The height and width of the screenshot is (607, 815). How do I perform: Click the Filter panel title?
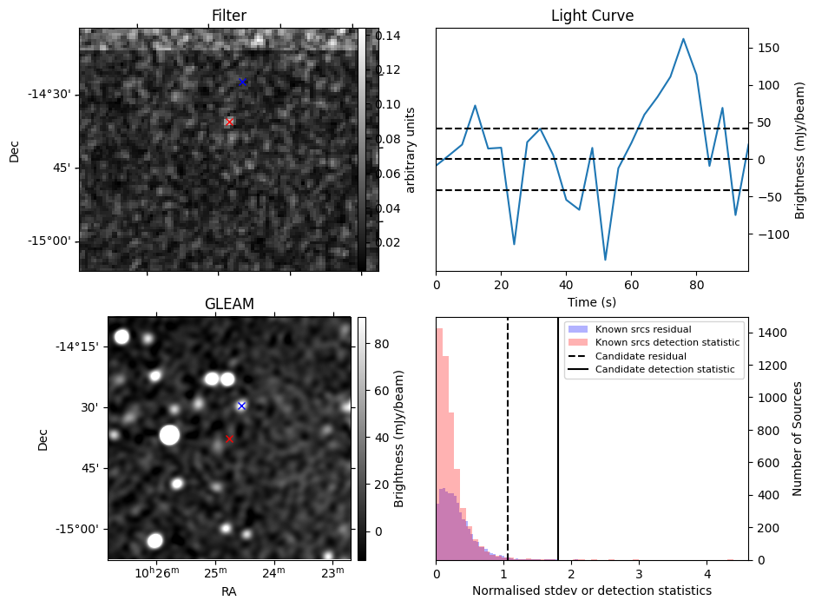click(x=229, y=16)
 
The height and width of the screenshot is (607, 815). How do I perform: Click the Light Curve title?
click(x=592, y=16)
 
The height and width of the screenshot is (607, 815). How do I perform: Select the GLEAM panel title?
click(x=229, y=304)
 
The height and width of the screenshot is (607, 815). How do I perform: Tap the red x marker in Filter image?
click(x=229, y=122)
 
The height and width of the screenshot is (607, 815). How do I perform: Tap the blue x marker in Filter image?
click(x=242, y=82)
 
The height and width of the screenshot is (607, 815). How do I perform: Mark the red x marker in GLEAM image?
click(x=229, y=439)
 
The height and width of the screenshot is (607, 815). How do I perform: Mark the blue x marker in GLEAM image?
click(x=241, y=406)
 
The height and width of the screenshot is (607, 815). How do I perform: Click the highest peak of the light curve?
click(x=683, y=39)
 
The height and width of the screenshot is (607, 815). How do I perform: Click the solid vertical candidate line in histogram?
click(x=558, y=452)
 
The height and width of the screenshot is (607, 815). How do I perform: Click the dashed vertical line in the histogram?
click(x=508, y=452)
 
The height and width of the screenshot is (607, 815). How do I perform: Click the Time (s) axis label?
click(x=592, y=301)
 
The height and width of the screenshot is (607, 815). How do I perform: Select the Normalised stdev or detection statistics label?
click(x=592, y=591)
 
